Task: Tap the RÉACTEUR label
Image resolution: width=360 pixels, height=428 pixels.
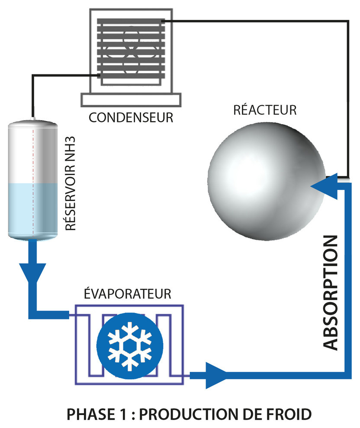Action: [x=265, y=110]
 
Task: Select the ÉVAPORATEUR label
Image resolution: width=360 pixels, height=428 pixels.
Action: [x=126, y=294]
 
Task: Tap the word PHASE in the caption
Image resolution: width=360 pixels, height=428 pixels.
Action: [x=85, y=414]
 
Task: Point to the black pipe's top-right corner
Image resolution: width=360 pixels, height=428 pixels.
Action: [x=349, y=21]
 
